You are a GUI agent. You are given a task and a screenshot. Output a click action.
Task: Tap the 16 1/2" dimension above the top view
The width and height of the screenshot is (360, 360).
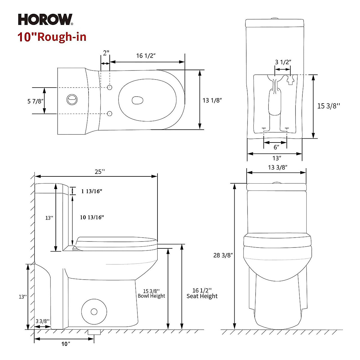(146, 56)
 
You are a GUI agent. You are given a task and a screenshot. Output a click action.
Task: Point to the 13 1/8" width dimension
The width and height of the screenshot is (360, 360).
(212, 100)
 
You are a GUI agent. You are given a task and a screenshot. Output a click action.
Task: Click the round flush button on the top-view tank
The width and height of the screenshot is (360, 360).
(72, 99)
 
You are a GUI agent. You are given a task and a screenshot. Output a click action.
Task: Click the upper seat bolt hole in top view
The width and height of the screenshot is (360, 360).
(110, 87)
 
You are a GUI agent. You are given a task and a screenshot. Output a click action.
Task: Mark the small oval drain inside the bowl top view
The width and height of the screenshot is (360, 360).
(138, 100)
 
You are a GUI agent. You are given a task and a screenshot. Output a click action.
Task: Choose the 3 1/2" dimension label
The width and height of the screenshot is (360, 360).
(283, 62)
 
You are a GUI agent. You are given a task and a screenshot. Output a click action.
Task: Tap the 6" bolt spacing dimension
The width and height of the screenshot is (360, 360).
(276, 147)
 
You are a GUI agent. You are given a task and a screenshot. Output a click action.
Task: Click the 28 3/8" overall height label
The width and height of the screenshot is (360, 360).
(223, 255)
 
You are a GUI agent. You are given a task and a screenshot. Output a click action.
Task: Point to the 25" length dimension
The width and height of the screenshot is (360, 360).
(100, 172)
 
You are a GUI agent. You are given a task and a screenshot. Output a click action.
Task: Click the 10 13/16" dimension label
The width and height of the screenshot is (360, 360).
(92, 217)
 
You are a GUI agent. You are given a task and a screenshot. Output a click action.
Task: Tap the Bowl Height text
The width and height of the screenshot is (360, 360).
(151, 296)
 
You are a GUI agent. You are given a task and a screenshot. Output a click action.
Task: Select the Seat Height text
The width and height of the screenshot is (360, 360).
(202, 296)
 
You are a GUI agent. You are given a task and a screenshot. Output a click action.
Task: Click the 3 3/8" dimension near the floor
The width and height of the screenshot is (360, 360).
(43, 321)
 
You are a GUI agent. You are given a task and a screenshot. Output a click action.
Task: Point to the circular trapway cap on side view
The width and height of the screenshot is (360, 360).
(94, 311)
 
